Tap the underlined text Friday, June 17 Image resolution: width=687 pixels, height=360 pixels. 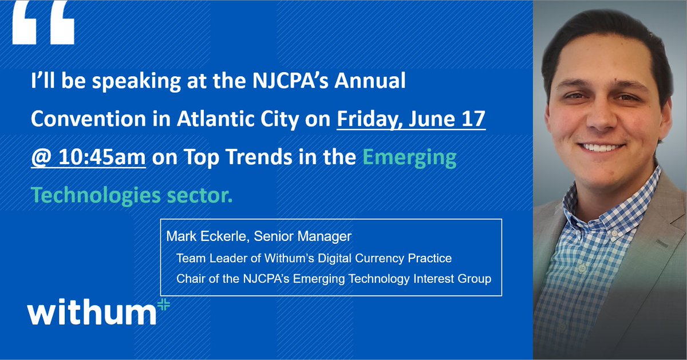[x=411, y=120]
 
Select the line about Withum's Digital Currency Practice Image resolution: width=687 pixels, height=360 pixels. [x=314, y=258]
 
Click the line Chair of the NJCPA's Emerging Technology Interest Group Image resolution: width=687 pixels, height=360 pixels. [x=334, y=279]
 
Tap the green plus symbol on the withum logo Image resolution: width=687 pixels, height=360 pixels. [x=163, y=306]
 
